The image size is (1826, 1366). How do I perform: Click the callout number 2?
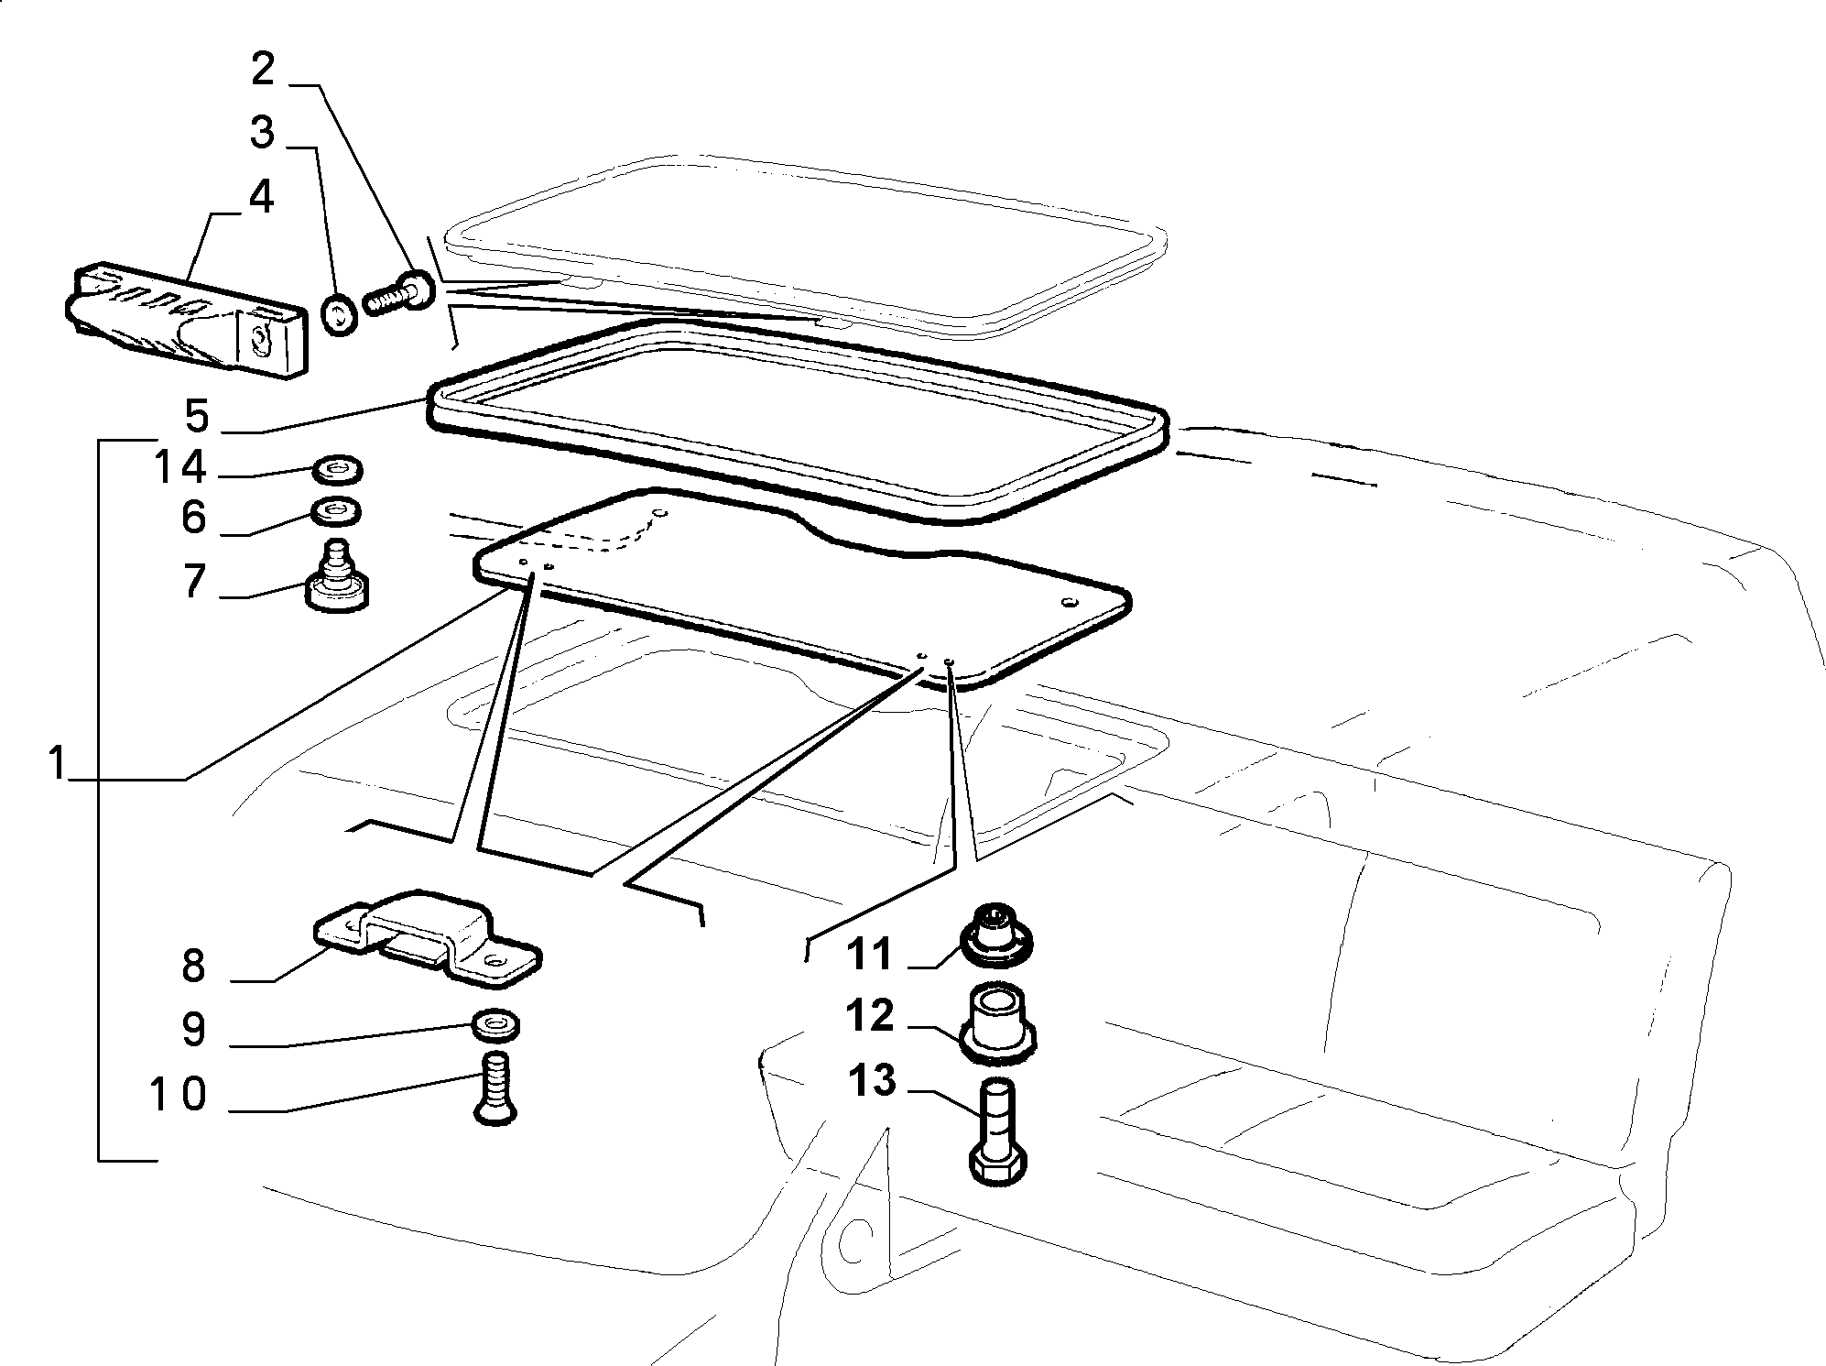(x=263, y=70)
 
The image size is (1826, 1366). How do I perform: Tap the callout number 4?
(x=262, y=197)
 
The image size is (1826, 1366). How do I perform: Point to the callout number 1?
(x=59, y=762)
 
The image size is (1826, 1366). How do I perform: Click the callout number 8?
(x=193, y=967)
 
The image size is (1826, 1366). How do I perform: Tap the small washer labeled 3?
(x=341, y=317)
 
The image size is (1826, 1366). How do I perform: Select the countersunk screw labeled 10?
(x=496, y=1088)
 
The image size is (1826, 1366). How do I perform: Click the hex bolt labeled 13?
(x=997, y=1132)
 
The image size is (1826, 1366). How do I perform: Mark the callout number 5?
(x=197, y=416)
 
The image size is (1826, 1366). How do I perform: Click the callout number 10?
(x=179, y=1095)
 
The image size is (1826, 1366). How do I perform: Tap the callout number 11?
(x=870, y=955)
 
